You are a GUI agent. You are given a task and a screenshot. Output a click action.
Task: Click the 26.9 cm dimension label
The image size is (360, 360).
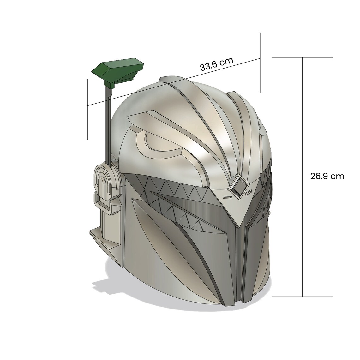(x=327, y=176)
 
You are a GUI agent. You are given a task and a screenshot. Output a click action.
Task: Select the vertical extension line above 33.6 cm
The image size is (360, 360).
(x=260, y=63)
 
